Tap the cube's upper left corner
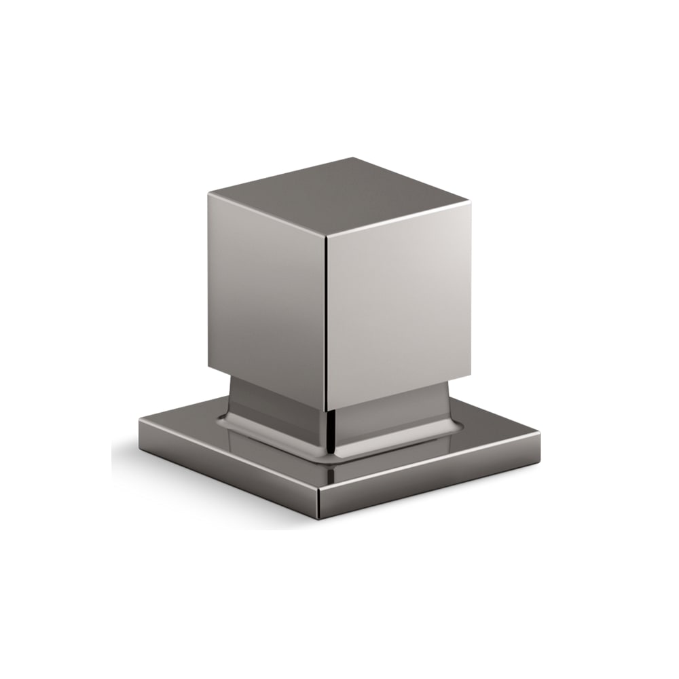point(208,194)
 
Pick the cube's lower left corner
point(209,369)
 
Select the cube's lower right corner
point(469,372)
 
